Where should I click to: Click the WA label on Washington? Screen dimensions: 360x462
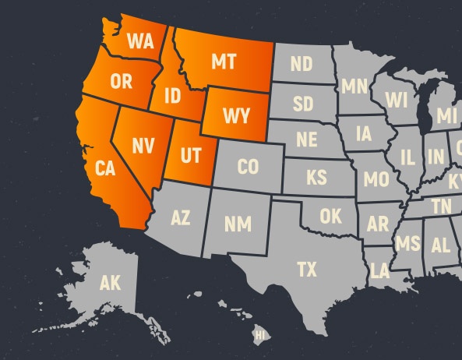click(x=140, y=40)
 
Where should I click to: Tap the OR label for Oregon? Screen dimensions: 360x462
click(x=121, y=81)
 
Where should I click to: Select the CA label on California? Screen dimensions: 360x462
click(x=105, y=168)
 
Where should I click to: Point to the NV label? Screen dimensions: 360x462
click(x=142, y=145)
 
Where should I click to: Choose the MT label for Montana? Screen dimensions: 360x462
click(x=224, y=62)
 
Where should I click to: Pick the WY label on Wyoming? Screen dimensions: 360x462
click(x=236, y=116)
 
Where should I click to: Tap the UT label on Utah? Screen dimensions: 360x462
click(x=190, y=155)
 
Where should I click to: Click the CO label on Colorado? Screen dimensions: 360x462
click(x=248, y=166)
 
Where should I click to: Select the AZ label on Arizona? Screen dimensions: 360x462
click(x=180, y=217)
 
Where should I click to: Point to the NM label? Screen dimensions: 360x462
click(x=238, y=224)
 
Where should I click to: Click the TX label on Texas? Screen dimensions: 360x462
click(x=307, y=270)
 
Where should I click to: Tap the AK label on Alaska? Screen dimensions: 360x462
click(x=110, y=284)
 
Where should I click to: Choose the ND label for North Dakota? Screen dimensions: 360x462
click(x=301, y=63)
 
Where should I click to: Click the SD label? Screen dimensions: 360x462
click(x=303, y=104)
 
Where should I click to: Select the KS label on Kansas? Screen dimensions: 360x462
click(x=316, y=178)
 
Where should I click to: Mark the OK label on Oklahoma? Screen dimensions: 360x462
click(x=330, y=215)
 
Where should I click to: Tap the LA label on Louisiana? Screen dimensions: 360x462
click(x=379, y=270)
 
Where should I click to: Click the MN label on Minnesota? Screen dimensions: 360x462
click(x=354, y=86)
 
